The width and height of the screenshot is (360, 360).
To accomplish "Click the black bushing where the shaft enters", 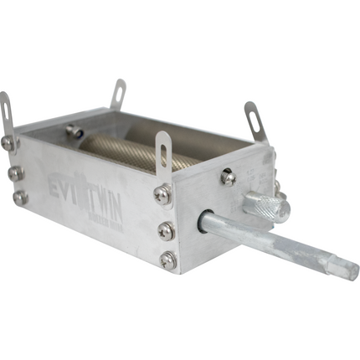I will coord(205,222).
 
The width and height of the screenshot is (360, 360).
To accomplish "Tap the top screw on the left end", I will coord(8,143).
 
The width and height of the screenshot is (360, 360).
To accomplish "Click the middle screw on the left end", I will coord(14,172).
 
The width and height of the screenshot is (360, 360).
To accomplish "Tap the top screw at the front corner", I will coord(162,194).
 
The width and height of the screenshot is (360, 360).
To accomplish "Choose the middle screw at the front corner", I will coord(166,230).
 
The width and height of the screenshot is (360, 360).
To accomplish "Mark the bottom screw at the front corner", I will coord(169,260).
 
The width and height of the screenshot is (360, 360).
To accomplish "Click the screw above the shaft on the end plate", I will coord(227,177).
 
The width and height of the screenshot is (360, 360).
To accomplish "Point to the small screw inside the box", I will coord(75,131).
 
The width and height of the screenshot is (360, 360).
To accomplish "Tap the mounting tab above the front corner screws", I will coord(164,151).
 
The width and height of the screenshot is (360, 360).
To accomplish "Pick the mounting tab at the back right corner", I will coord(255,119).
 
